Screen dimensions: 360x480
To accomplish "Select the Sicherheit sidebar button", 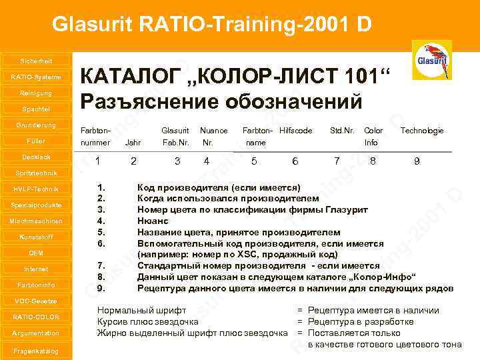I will click(x=35, y=61).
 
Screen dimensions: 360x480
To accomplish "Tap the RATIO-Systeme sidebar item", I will click(x=35, y=77).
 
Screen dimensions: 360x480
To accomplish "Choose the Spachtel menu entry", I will click(x=35, y=109).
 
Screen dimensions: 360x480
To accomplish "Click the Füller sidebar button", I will click(x=35, y=141).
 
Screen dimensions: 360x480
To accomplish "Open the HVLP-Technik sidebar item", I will click(x=35, y=189).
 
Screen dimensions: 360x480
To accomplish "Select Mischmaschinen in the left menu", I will click(x=35, y=221).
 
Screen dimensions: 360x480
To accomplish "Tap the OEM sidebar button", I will click(x=35, y=253).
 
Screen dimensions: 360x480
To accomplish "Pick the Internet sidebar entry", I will click(x=35, y=269).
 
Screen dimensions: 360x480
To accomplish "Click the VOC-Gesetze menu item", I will click(x=35, y=301).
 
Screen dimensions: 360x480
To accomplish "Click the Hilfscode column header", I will click(x=296, y=131).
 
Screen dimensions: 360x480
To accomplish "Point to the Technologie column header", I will click(x=422, y=131).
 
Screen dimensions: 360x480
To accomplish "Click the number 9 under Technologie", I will click(x=417, y=161).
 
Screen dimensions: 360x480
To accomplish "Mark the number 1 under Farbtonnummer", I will click(x=98, y=161).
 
